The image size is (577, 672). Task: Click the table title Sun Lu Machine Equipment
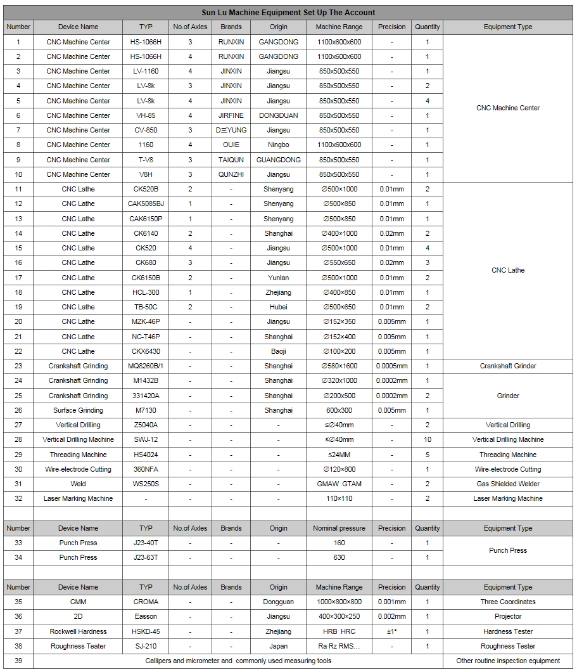click(288, 12)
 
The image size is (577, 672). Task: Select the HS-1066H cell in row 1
click(146, 42)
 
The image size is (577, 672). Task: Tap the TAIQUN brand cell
click(231, 160)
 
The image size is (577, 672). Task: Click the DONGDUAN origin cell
click(278, 115)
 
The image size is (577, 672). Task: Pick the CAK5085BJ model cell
click(146, 204)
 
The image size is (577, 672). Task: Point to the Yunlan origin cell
click(278, 278)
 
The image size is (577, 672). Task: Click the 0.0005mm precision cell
click(391, 366)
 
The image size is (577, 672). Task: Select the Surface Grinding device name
click(78, 410)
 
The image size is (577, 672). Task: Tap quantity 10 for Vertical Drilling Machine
click(428, 439)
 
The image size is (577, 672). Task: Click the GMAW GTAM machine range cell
click(339, 484)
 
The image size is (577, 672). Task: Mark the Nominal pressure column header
click(339, 528)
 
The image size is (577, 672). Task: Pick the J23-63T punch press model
click(146, 557)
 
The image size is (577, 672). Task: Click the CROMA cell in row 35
click(146, 602)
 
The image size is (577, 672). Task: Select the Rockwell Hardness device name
click(78, 631)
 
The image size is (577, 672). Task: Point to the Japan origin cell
click(278, 646)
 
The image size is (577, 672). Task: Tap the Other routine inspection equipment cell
click(508, 661)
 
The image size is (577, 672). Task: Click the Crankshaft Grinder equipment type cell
click(508, 366)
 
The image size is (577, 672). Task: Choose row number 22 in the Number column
click(18, 351)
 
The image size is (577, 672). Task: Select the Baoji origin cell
click(278, 351)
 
